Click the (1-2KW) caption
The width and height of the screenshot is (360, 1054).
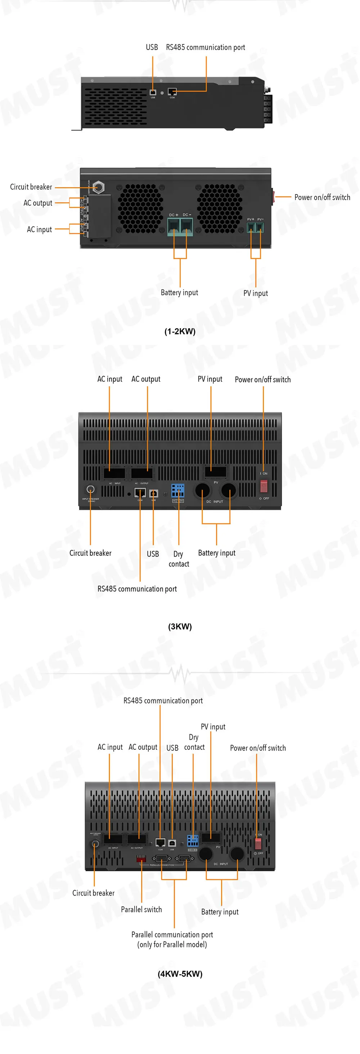pos(180,332)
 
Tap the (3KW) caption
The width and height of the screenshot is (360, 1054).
pos(180,626)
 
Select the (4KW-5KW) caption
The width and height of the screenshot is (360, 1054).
pos(180,973)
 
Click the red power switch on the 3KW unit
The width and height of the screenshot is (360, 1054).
pos(264,486)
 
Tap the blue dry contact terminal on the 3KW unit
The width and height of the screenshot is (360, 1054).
pos(177,490)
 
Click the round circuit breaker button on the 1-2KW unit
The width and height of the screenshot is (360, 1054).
pos(98,188)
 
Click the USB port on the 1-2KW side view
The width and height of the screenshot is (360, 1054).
pos(153,93)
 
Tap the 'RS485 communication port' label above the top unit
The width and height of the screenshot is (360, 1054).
pos(205,48)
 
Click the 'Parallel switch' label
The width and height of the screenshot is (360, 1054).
pos(141,909)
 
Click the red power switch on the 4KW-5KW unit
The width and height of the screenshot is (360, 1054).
pos(258,843)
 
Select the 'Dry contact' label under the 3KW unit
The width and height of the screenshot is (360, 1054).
pos(179,559)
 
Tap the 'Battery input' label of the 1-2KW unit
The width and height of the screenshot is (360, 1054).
pos(179,293)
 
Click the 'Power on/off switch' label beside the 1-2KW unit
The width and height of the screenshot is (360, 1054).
pos(322,197)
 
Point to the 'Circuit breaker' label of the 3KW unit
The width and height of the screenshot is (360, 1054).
pos(90,553)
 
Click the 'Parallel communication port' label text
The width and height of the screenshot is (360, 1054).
pos(172,934)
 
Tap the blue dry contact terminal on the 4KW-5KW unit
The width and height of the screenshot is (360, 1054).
pos(193,841)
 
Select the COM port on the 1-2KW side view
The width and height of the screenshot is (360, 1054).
pos(172,92)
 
